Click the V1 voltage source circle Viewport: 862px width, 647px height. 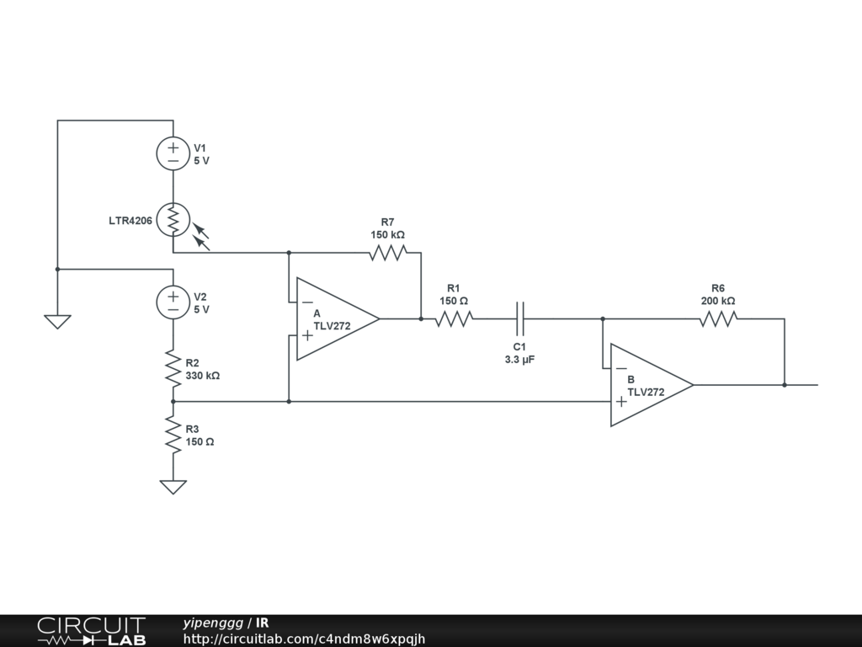pyautogui.click(x=173, y=153)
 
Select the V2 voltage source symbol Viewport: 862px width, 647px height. pyautogui.click(x=173, y=302)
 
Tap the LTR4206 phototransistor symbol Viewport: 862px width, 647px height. pyautogui.click(x=173, y=220)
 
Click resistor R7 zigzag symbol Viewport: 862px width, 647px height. pyautogui.click(x=387, y=252)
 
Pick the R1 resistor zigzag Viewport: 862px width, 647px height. pyautogui.click(x=454, y=318)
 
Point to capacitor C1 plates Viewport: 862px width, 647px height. pyautogui.click(x=519, y=318)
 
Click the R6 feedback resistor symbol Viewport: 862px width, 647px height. pyautogui.click(x=718, y=318)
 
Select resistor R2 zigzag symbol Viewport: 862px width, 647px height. pyautogui.click(x=173, y=369)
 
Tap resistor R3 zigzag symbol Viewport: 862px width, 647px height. pyautogui.click(x=173, y=435)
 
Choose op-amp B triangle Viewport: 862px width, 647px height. pyautogui.click(x=649, y=385)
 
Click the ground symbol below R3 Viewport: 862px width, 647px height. pyautogui.click(x=173, y=486)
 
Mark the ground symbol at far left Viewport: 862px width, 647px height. pyautogui.click(x=57, y=321)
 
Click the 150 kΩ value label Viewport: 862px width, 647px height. pyautogui.click(x=387, y=234)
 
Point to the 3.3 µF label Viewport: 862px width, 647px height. pyautogui.click(x=519, y=360)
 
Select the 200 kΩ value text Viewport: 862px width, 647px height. pyautogui.click(x=718, y=301)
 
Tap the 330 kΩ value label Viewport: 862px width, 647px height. pyautogui.click(x=203, y=376)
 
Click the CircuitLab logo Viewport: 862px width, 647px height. pyautogui.click(x=90, y=631)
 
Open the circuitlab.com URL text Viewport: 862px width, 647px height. pyautogui.click(x=304, y=639)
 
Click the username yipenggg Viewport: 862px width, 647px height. pyautogui.click(x=212, y=623)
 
